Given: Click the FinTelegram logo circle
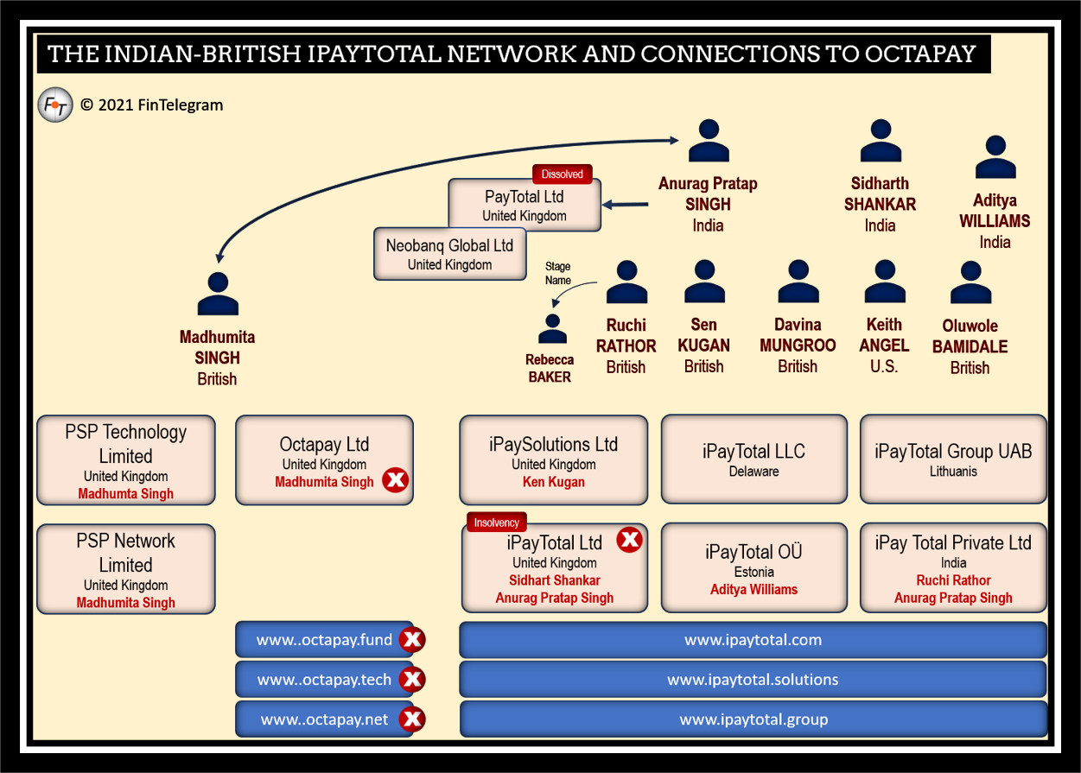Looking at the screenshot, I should tap(55, 105).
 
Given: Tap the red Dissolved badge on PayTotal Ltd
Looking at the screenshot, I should tap(562, 174).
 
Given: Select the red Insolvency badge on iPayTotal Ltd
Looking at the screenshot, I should tap(496, 523).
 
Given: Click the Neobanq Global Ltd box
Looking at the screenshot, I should tap(449, 254).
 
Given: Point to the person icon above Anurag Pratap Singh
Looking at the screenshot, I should tap(709, 142).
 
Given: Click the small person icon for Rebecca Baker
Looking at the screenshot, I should tap(552, 329).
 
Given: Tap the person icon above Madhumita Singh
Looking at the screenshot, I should tap(218, 295).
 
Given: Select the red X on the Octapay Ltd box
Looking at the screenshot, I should tap(396, 480).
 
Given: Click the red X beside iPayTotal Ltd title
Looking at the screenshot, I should tap(630, 541).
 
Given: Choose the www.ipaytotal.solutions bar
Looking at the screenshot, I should tap(753, 680).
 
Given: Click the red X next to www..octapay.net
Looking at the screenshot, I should tap(413, 719).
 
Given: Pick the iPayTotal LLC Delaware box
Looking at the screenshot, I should tap(754, 459).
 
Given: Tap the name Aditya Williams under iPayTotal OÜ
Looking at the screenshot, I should tap(754, 590).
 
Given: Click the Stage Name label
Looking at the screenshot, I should tap(557, 273).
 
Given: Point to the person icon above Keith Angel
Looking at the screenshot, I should tap(884, 282).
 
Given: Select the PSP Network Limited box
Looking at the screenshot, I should tap(126, 569).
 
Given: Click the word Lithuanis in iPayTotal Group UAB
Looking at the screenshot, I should tap(953, 472).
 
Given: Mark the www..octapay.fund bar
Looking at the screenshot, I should tap(324, 640).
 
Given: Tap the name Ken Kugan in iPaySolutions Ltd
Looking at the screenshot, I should tap(553, 482).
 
